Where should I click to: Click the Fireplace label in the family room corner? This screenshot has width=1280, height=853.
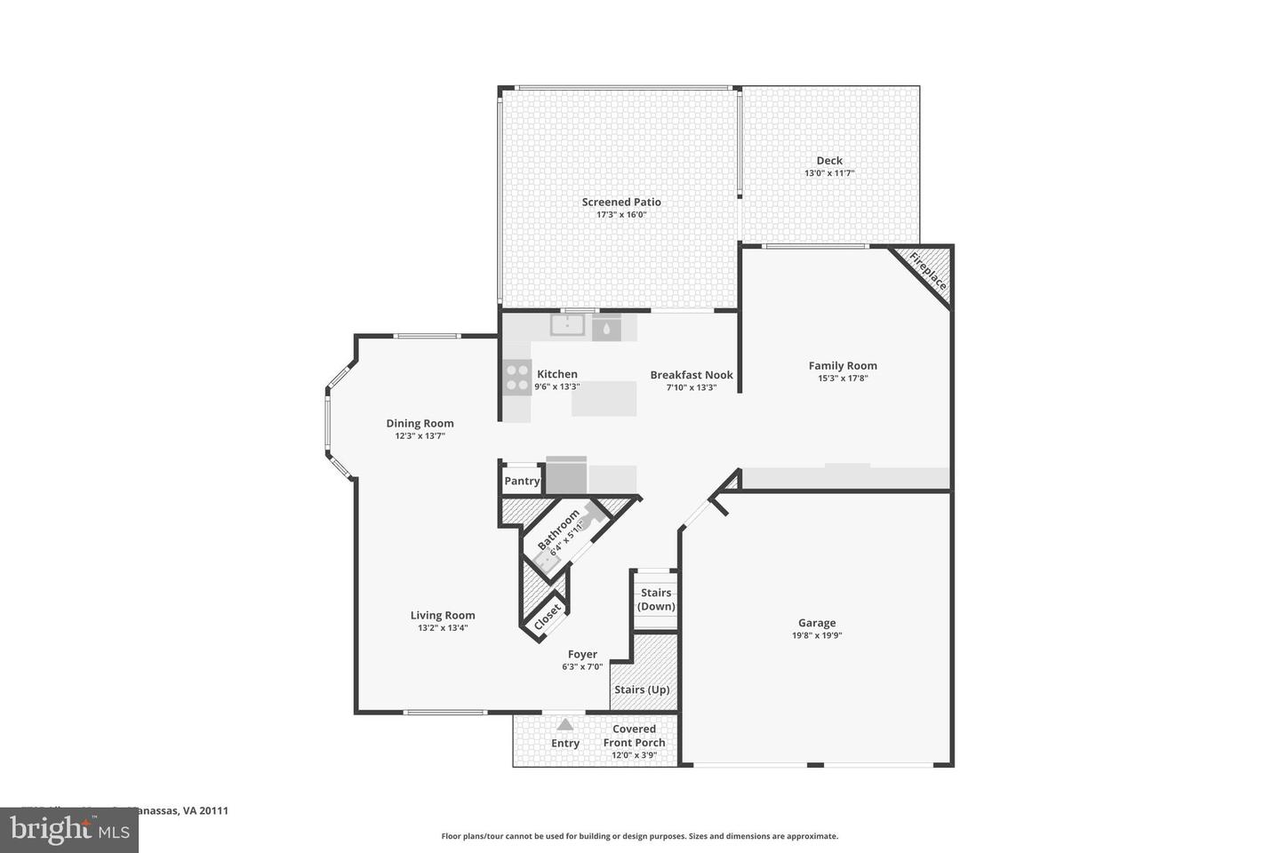pos(928,271)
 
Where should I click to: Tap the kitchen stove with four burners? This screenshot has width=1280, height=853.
pos(516,378)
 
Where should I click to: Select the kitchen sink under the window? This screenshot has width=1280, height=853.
pos(566,326)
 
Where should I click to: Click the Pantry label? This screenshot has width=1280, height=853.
pos(522,481)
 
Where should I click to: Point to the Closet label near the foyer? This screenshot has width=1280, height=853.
pos(547,615)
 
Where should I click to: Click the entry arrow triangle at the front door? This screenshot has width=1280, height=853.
pos(564,725)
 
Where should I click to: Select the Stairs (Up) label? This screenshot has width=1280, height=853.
pos(642,690)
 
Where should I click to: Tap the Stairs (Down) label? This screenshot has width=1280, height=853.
pos(656,600)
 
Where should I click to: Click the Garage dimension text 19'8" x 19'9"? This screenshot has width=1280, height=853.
pos(816,635)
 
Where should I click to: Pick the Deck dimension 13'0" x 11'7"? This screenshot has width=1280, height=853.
pos(829,173)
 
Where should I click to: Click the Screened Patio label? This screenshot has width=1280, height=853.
pos(621,202)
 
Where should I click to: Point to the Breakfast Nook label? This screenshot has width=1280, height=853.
pos(692,375)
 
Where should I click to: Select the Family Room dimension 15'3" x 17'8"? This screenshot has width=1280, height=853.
pos(843,378)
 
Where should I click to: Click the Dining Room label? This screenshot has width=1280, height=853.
pos(420,423)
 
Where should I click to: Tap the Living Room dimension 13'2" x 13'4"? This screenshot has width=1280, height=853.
pos(443,627)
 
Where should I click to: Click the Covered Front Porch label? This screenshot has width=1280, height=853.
pos(634,736)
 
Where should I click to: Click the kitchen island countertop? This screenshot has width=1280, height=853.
pos(604,399)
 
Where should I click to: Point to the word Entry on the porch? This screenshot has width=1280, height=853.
pos(565,744)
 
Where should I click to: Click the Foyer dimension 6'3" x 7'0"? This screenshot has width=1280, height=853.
pos(582,666)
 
